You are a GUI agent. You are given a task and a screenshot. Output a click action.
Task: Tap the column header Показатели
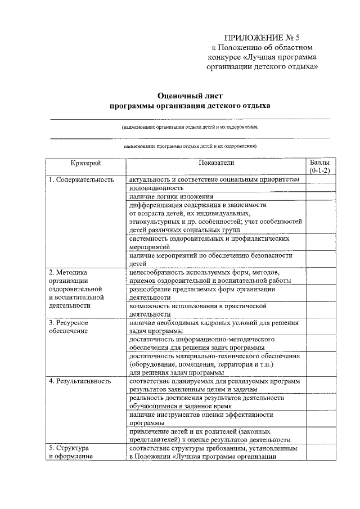click(216, 163)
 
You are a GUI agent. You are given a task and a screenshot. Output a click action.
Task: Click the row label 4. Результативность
click(78, 381)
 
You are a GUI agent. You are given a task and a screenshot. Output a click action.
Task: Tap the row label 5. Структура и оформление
click(71, 452)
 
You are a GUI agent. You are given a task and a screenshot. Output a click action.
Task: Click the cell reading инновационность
click(156, 188)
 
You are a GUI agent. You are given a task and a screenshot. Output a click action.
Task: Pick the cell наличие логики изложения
click(170, 196)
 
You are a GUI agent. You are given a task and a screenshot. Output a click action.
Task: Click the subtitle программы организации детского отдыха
click(190, 105)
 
